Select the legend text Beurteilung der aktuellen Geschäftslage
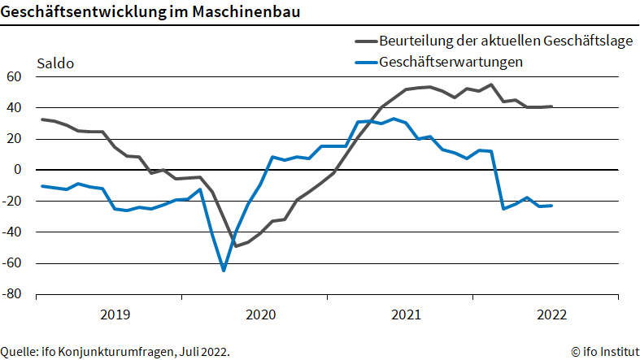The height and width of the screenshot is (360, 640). (505, 41)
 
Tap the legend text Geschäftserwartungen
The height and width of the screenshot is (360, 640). (451, 62)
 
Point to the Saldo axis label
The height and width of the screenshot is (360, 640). (55, 63)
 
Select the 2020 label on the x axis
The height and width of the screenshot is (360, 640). (260, 314)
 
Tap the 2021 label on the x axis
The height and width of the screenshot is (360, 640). (406, 314)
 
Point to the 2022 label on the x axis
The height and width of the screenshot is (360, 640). (551, 314)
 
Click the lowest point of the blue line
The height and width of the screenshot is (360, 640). (223, 270)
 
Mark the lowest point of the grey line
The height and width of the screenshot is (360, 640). (235, 245)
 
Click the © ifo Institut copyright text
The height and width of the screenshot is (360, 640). (603, 352)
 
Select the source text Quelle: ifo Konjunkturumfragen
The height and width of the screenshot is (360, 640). (115, 352)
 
